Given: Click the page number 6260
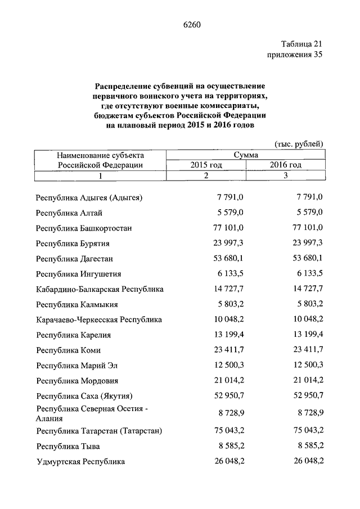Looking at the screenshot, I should tap(192, 24).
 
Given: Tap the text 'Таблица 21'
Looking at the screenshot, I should tap(301, 43).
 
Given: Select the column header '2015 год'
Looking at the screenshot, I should tap(206, 165).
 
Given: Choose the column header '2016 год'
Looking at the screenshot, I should tap(285, 165).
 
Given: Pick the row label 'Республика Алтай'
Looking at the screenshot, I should tap(69, 213).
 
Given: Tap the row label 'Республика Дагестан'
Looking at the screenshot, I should tap(74, 259).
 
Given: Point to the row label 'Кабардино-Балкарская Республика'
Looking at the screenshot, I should tap(100, 289).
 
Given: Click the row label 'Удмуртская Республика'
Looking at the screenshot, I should tap(80, 462).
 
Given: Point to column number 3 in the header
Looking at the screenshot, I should tap(285, 175).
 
